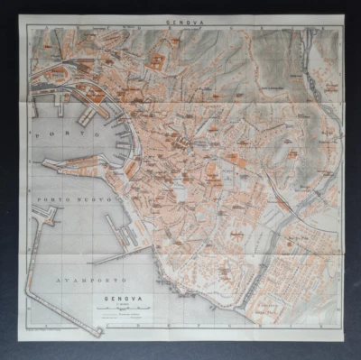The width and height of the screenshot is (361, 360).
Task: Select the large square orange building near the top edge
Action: [x=157, y=61]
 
